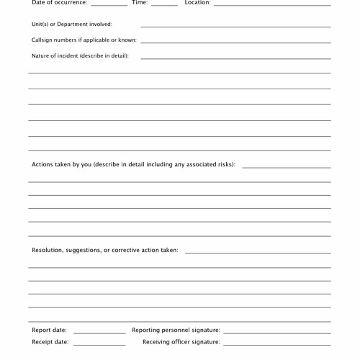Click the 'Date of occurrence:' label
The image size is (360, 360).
point(59,3)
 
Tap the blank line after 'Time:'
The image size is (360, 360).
point(164,5)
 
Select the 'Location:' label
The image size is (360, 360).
point(197,3)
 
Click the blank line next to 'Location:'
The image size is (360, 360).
point(272,5)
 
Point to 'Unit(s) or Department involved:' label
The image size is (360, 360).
point(72,24)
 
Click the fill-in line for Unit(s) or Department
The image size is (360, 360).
point(235,27)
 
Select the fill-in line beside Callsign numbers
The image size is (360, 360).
point(235,42)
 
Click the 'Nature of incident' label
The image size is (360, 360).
point(80,56)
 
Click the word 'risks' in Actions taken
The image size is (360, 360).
point(223,164)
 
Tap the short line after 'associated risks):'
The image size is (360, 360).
point(286,167)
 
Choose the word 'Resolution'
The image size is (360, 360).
point(47,251)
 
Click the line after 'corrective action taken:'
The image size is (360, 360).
point(258,253)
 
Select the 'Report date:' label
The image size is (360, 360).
point(49,330)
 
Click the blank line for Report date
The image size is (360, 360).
point(99,333)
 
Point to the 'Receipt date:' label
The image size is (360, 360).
point(50,342)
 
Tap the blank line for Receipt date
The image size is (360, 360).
point(99,345)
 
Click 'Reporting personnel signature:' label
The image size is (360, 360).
point(176,330)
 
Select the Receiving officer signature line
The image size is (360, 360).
point(276,345)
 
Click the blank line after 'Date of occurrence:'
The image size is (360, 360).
point(109,5)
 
